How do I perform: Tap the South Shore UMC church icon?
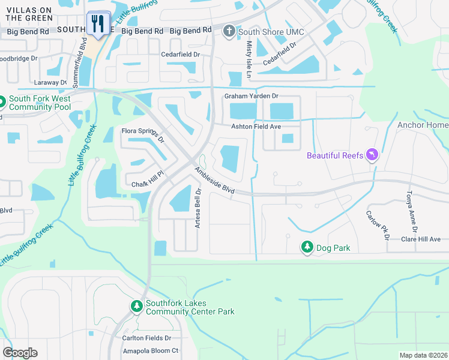point(228,30)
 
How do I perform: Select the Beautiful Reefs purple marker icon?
point(372,155)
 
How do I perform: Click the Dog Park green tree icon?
point(307,247)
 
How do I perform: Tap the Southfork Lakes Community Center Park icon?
point(137,307)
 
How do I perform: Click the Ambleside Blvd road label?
point(214,180)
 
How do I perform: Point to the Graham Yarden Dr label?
point(252,96)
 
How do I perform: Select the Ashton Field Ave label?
point(256,127)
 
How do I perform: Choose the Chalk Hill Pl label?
point(148,185)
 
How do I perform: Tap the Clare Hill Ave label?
point(421,239)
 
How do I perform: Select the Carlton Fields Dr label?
point(147,338)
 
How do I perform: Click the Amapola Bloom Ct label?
point(150,350)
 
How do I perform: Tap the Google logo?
point(20,353)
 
